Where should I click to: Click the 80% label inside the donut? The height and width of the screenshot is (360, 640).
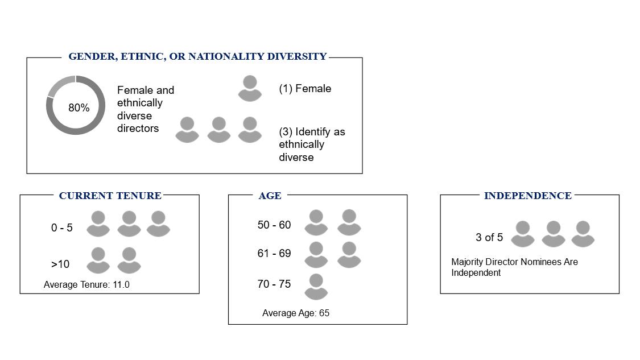point(79,107)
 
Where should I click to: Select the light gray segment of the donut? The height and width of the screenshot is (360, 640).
point(59,84)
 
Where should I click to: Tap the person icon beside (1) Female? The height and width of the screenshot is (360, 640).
point(250,88)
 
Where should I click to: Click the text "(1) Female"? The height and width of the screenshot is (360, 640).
point(305,89)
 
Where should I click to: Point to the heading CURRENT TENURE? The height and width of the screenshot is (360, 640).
point(110,196)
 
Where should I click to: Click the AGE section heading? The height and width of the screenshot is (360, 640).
point(270,196)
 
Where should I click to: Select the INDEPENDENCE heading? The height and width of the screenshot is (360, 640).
point(528,196)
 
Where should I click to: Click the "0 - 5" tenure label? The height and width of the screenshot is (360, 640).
point(61,227)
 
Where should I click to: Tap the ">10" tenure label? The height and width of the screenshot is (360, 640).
point(60,264)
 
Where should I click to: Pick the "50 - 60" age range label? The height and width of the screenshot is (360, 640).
point(274,225)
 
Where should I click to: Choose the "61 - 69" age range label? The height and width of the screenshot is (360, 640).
point(274,254)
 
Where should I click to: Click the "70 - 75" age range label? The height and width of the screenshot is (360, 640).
point(274,284)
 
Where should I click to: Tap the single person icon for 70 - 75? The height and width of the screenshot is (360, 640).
point(316,287)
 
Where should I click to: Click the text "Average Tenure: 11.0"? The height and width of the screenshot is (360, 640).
point(86,285)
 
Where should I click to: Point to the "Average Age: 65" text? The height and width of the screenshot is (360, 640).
point(295,313)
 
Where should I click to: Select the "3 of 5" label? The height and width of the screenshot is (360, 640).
point(489,238)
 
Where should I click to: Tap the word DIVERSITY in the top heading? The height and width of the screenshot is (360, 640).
point(297,56)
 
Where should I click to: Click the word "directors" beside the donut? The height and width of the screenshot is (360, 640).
point(138,128)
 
